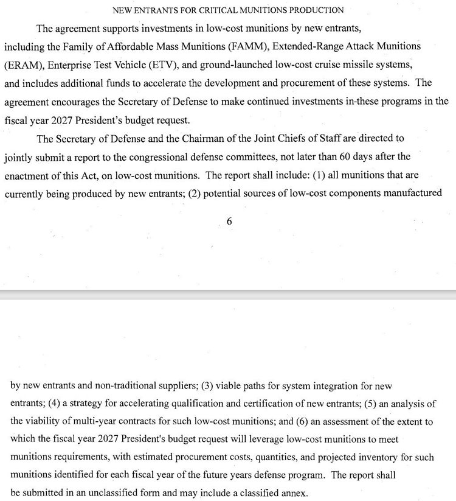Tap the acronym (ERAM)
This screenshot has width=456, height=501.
click(x=22, y=65)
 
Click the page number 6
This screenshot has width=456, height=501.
click(x=229, y=222)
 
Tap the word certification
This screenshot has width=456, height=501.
click(x=271, y=403)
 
